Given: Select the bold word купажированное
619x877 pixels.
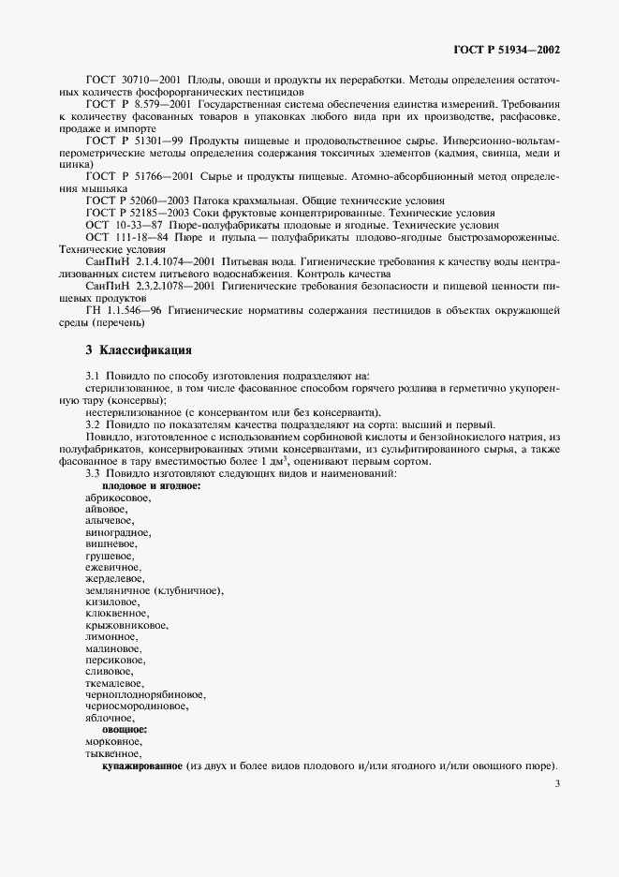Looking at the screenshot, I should tap(141, 765).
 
